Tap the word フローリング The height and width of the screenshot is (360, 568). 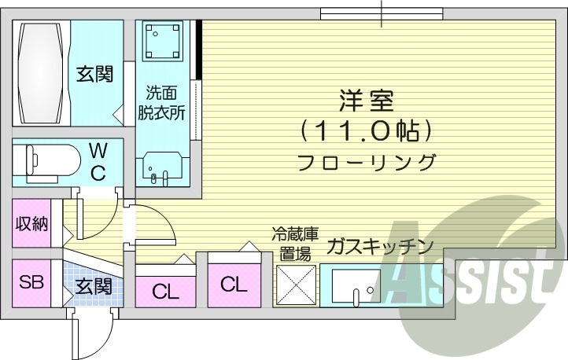(x=367, y=163)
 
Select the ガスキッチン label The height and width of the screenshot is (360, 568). (x=379, y=245)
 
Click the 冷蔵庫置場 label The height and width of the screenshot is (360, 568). (x=295, y=243)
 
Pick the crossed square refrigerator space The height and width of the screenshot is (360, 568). (x=296, y=285)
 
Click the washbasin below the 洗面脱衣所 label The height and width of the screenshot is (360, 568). (x=163, y=168)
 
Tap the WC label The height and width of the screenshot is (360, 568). (x=98, y=162)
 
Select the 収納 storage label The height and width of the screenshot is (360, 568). (x=32, y=224)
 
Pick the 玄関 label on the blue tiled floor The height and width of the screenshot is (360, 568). (x=94, y=288)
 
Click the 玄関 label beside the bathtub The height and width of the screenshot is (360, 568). (x=94, y=75)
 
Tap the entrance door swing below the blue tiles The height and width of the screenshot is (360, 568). (x=88, y=334)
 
